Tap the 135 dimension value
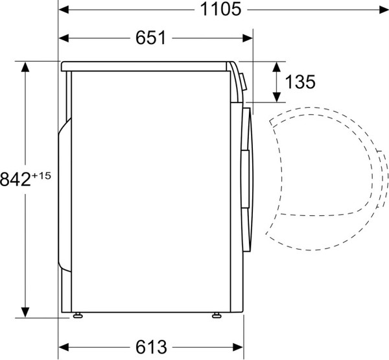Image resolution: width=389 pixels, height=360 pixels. click(300, 82)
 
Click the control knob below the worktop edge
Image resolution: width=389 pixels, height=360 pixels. click(242, 80)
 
